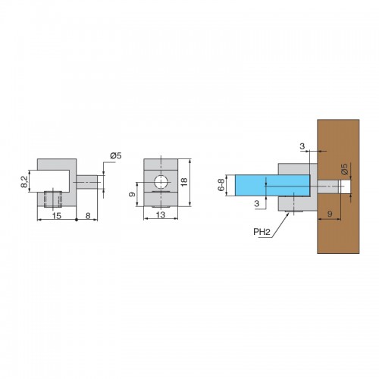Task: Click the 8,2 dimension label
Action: (x=24, y=182)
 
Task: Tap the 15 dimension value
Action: (x=57, y=215)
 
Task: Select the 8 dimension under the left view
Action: (x=88, y=216)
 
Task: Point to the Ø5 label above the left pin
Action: (x=116, y=155)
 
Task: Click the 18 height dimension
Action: (x=184, y=182)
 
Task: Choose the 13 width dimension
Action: (x=161, y=215)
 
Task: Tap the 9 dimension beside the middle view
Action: (x=132, y=194)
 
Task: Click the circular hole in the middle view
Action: (x=161, y=182)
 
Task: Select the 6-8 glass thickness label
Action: (x=221, y=185)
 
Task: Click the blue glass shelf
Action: (x=273, y=185)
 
